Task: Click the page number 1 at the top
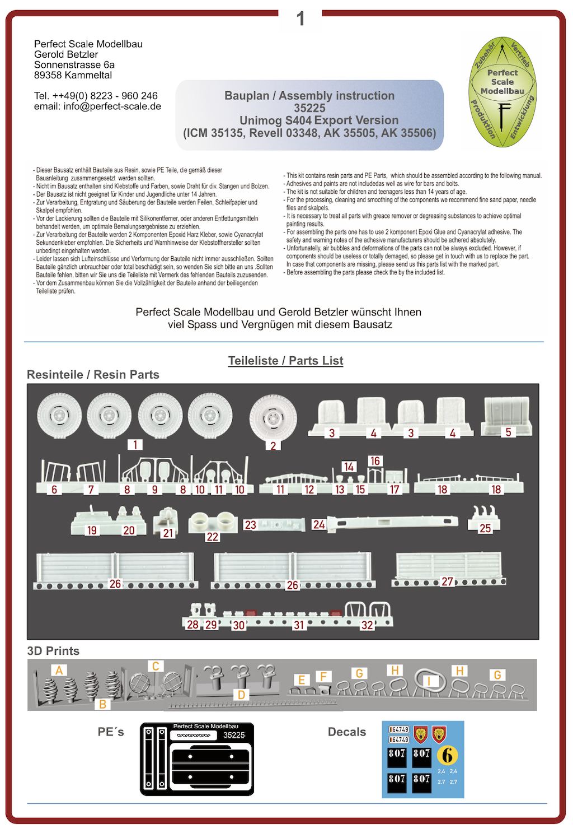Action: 300,19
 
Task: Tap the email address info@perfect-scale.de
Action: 112,106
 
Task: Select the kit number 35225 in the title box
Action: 309,108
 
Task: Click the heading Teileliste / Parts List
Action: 285,361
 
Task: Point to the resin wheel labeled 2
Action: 273,418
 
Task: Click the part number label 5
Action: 508,432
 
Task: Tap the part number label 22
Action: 212,537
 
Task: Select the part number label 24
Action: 319,524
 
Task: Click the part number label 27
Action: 447,581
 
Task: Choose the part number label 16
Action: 375,461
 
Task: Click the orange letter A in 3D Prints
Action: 59,670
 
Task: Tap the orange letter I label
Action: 429,681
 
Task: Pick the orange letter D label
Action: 241,695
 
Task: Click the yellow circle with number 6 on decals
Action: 447,756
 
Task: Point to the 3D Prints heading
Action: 53,651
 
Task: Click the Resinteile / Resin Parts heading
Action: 93,375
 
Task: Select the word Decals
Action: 347,732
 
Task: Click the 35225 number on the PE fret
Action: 234,735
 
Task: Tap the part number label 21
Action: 168,533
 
